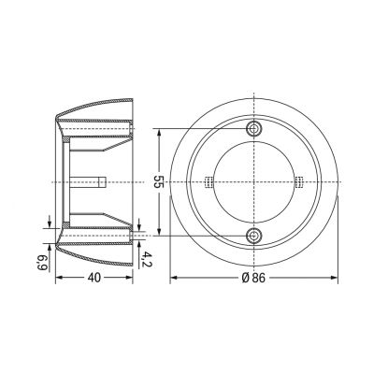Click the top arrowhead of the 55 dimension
tap(163, 130)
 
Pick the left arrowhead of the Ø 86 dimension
tap(175, 278)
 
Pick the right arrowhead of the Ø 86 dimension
tap(333, 278)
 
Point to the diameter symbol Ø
tap(245, 277)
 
